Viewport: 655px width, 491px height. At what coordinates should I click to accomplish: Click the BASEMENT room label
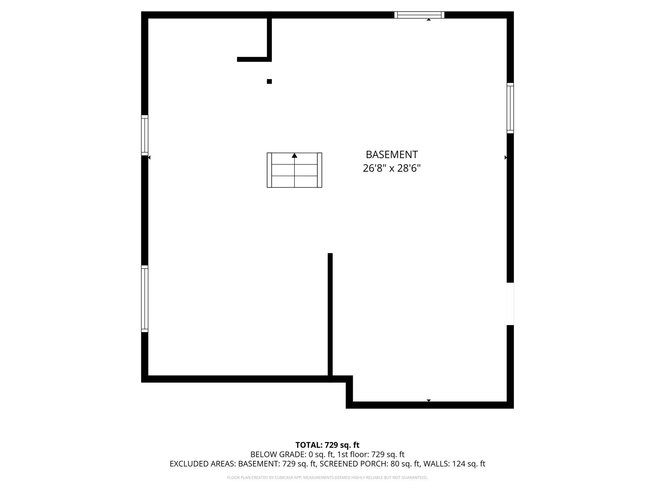(391, 155)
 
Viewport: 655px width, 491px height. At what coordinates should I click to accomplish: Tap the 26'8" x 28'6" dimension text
(391, 168)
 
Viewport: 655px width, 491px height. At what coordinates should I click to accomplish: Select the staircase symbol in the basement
(294, 170)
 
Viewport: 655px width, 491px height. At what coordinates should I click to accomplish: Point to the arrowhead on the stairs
(294, 155)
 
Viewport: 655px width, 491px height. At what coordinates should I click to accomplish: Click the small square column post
(269, 82)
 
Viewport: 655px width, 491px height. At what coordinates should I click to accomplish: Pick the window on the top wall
(419, 15)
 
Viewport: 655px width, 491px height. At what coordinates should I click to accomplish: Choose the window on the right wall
(510, 108)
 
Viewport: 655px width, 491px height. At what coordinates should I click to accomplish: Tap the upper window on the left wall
(145, 135)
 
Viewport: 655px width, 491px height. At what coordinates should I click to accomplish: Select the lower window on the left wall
(145, 299)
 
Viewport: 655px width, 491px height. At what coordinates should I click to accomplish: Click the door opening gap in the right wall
(510, 304)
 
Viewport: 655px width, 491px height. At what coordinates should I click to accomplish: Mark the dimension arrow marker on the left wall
(149, 157)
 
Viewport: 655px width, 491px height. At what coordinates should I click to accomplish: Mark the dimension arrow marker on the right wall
(505, 157)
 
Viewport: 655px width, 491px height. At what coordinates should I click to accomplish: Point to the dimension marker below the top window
(429, 20)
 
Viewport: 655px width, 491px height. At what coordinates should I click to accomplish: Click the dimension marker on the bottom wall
(429, 400)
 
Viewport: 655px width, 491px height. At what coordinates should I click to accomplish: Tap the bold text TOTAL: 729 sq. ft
(327, 445)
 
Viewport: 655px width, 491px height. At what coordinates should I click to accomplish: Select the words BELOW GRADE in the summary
(277, 454)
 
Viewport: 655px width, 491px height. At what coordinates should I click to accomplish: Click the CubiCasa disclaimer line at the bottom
(327, 477)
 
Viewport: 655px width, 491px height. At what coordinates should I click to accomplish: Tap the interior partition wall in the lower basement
(330, 315)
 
